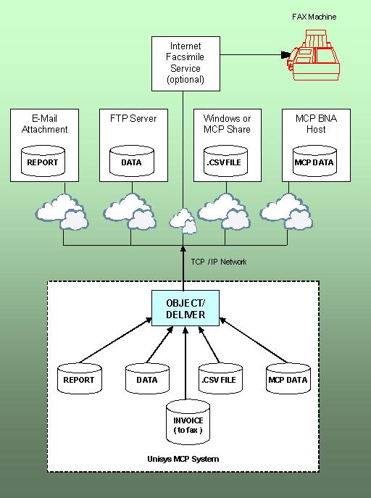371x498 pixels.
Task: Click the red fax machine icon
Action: [314, 55]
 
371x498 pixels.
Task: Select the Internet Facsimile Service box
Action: [185, 64]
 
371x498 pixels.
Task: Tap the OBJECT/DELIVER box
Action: [185, 308]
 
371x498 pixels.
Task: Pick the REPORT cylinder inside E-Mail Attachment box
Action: [43, 161]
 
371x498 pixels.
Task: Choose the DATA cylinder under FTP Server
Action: [132, 161]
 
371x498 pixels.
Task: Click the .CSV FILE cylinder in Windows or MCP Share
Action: [225, 161]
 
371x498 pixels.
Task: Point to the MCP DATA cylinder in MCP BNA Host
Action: [314, 161]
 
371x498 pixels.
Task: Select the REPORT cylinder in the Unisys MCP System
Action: [79, 378]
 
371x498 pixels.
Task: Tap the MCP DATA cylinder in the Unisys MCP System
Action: [288, 378]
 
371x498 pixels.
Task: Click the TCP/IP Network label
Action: [219, 262]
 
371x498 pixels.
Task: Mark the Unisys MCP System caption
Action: [183, 459]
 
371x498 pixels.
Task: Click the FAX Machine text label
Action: [314, 17]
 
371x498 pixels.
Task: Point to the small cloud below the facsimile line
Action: [183, 221]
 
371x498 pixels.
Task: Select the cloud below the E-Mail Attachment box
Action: [62, 212]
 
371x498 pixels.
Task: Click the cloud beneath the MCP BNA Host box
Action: [286, 211]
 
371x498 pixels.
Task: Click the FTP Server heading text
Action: [133, 118]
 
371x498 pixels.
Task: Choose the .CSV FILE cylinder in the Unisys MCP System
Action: [220, 378]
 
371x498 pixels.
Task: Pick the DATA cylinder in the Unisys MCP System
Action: [147, 378]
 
